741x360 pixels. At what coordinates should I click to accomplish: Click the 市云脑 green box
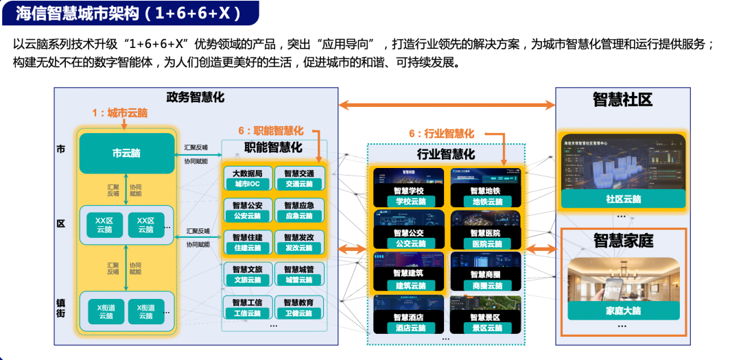coord(126,154)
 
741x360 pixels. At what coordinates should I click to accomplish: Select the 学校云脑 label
coord(410,202)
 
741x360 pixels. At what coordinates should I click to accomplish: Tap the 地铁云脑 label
coord(487,202)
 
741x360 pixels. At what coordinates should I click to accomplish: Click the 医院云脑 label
coord(487,243)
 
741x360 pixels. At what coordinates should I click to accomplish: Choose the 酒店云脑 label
coord(410,328)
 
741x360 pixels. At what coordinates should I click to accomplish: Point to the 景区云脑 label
coord(487,328)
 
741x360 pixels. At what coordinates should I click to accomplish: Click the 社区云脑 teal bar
coord(623,199)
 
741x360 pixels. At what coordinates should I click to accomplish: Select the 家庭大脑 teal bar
coord(623,311)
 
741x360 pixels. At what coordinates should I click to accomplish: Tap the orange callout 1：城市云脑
coord(119,113)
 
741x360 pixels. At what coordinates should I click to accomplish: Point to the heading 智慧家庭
coord(623,241)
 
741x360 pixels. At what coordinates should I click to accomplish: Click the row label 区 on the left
coord(60,224)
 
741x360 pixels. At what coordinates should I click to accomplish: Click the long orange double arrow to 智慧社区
coord(447,104)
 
